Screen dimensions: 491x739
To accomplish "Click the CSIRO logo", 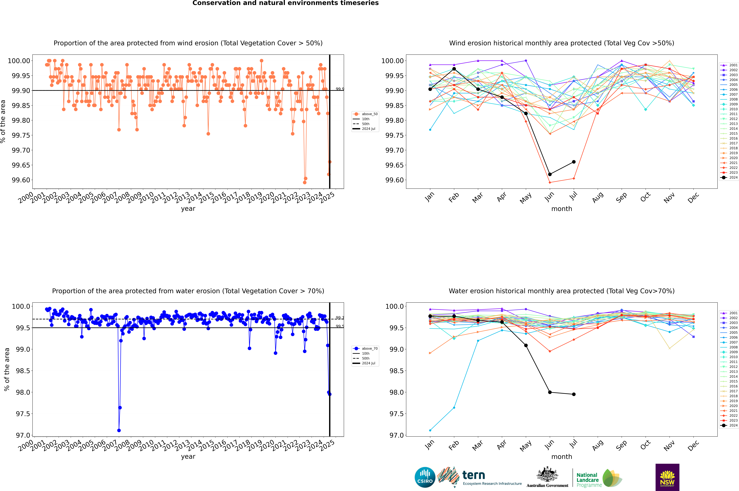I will point(425,477).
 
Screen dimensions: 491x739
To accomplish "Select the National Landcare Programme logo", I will point(599,478).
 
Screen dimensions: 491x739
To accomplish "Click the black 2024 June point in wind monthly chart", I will point(550,174).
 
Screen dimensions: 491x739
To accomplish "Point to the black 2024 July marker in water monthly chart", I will point(574,394).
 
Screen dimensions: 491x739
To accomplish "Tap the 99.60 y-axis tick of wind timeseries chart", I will point(21,180).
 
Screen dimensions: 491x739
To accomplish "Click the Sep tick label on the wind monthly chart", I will point(622,197).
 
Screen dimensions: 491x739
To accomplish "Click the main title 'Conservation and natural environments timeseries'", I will point(285,3).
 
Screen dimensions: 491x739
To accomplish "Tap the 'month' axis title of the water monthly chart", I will point(562,457).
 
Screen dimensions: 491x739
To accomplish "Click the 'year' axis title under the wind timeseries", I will point(188,209).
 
